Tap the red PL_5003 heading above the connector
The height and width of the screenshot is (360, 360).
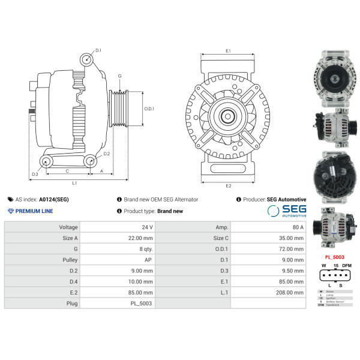click(334, 257)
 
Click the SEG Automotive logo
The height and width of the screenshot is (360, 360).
click(287, 211)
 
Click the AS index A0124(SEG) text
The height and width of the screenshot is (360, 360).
click(42, 199)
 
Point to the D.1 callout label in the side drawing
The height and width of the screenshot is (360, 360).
click(98, 50)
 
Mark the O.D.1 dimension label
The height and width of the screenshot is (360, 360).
click(149, 109)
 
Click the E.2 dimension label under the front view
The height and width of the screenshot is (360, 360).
click(229, 186)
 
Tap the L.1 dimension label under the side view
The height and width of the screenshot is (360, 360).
click(74, 182)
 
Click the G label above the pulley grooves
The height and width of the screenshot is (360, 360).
click(120, 76)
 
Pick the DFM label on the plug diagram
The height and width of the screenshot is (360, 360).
click(347, 265)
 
